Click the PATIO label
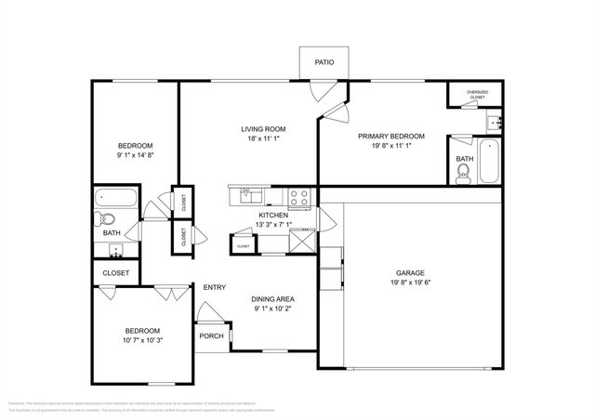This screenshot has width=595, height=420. (x=323, y=62)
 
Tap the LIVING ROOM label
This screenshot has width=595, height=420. (x=263, y=129)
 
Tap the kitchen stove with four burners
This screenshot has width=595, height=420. (x=299, y=196)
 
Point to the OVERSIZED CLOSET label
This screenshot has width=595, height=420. (x=476, y=95)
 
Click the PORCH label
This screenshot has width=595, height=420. (x=211, y=335)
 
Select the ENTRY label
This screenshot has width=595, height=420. (x=215, y=287)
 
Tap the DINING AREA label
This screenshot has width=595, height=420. (x=274, y=299)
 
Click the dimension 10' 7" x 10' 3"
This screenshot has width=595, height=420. (x=142, y=341)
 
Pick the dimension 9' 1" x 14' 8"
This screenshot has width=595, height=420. (x=135, y=155)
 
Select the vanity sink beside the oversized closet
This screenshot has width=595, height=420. (x=493, y=121)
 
